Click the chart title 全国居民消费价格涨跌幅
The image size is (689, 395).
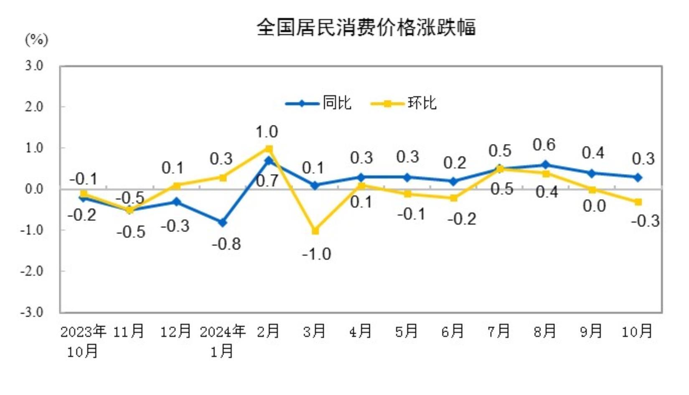(366, 28)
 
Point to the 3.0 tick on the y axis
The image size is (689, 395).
(33, 66)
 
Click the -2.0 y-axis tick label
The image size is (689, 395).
(32, 271)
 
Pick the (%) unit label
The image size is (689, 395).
(36, 40)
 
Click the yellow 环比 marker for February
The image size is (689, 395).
(269, 149)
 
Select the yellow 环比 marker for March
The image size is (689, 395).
(315, 230)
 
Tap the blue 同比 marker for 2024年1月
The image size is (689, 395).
(223, 223)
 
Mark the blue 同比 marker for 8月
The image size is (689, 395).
(545, 165)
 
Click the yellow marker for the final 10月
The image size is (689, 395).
(638, 202)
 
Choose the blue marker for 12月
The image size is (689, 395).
(177, 202)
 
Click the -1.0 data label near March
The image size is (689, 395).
(317, 254)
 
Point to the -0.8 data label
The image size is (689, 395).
(226, 244)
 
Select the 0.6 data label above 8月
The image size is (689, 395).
(544, 145)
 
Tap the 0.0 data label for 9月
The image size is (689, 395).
(594, 206)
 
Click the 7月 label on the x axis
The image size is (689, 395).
(499, 332)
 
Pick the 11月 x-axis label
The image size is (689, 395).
(129, 332)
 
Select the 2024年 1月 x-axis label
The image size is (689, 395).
(222, 341)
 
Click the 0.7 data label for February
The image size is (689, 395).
(267, 181)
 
